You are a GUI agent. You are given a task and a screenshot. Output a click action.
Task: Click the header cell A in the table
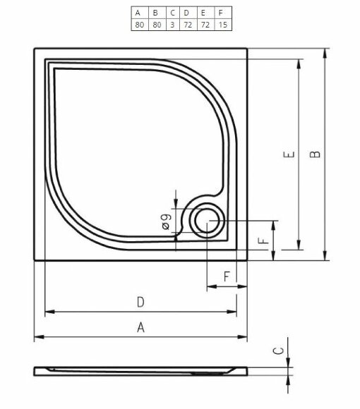point(138,13)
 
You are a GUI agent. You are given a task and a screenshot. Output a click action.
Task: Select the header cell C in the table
point(172,13)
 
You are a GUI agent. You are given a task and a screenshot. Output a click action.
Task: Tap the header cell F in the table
point(222,13)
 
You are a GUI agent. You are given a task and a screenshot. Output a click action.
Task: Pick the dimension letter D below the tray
point(140,302)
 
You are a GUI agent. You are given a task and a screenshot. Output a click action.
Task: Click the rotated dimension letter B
point(316,154)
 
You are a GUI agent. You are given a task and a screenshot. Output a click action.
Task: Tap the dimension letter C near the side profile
point(279,349)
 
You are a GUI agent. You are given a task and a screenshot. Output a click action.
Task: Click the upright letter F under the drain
point(227,276)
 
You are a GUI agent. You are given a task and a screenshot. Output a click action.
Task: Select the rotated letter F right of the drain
point(263,240)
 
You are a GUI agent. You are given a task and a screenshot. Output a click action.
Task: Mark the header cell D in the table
point(186,13)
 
